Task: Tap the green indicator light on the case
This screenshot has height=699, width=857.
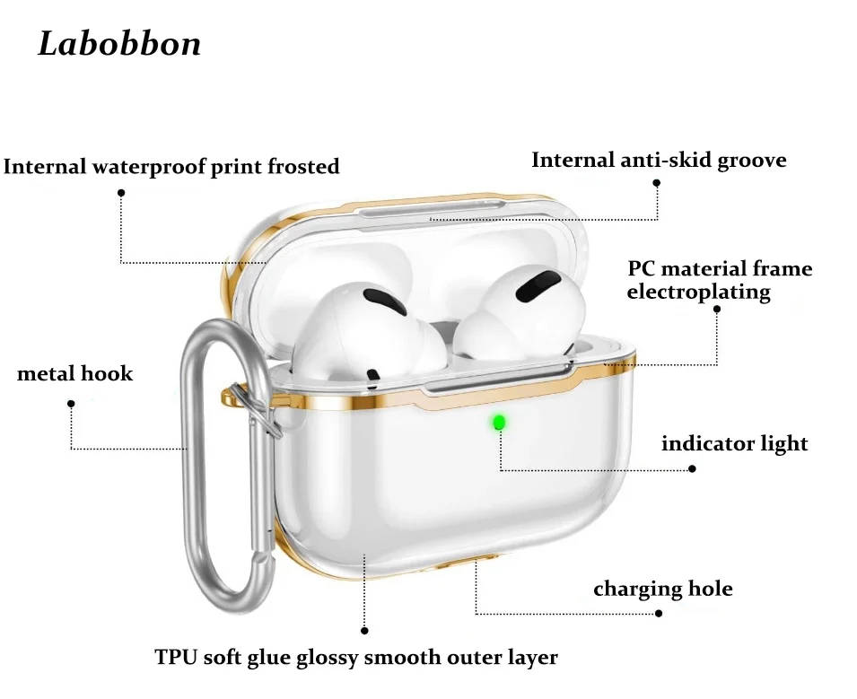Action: (x=498, y=421)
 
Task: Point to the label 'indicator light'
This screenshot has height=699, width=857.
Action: (x=734, y=443)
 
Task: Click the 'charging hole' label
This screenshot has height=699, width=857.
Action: (x=662, y=590)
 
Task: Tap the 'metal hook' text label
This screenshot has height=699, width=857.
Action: (x=74, y=373)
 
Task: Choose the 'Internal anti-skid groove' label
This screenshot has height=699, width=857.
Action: (x=659, y=161)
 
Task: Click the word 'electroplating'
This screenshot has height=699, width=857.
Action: (x=698, y=292)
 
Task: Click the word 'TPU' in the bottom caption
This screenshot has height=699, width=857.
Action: (x=174, y=658)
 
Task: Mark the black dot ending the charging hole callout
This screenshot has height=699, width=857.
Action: (x=659, y=614)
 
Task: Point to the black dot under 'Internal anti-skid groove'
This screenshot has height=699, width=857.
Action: (x=656, y=182)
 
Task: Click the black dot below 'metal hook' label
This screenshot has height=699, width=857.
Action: (x=71, y=404)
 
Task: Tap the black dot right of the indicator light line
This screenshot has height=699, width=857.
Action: (x=692, y=468)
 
